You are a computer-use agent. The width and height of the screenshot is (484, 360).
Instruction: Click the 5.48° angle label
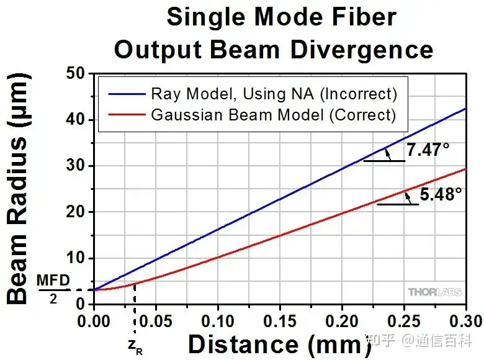click(441, 194)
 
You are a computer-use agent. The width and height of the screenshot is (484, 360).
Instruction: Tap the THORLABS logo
click(434, 292)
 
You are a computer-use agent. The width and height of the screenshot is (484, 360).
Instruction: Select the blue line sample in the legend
click(124, 94)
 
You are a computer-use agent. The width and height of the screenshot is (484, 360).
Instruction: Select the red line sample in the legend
click(124, 114)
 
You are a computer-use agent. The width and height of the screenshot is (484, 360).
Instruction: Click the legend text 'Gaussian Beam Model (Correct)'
click(273, 114)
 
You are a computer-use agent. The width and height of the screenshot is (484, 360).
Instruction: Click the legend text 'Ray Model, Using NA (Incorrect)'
click(274, 94)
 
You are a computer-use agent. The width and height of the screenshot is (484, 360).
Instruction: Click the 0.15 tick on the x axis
click(279, 321)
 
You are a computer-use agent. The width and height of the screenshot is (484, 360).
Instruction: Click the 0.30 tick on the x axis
click(465, 321)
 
